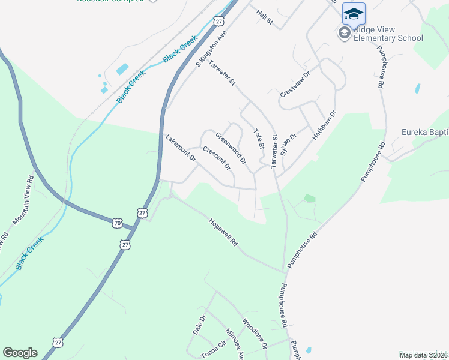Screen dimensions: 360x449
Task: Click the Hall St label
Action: coord(264,16)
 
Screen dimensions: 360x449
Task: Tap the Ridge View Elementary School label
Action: coord(388,34)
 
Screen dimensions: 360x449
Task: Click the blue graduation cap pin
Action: coord(354,13)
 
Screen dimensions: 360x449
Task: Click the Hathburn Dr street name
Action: coord(324,125)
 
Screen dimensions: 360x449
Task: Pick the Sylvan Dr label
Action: coord(289,144)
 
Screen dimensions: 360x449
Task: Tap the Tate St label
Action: coord(259,139)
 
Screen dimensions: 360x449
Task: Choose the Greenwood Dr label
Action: coord(231,148)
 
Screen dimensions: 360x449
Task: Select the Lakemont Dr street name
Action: coord(181,148)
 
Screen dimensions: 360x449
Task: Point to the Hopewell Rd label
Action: coord(223,233)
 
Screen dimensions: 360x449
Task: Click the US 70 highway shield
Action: coord(116,223)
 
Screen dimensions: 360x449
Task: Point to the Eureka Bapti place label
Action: coord(424,132)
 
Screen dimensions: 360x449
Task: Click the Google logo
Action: coord(20,353)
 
